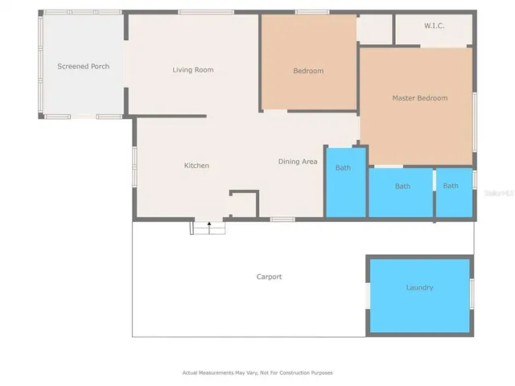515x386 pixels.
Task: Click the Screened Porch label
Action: (x=83, y=66)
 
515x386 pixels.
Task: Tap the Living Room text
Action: (x=193, y=70)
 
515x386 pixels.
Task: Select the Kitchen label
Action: (x=196, y=166)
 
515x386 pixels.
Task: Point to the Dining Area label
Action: (x=298, y=162)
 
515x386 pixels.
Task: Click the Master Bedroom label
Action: (x=419, y=98)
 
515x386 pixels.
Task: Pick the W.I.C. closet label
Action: (x=435, y=27)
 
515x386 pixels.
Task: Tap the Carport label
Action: (x=269, y=277)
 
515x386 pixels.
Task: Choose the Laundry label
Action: (x=419, y=287)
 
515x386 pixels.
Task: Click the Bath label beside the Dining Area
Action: (x=344, y=168)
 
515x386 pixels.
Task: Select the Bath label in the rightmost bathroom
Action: (x=451, y=186)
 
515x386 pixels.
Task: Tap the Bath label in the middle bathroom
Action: (x=402, y=187)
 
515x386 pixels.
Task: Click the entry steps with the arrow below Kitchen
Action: (x=208, y=228)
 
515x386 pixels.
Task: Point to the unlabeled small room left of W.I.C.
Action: (x=375, y=29)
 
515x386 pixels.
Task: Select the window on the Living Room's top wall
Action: (x=200, y=12)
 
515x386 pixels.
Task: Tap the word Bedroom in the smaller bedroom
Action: (x=308, y=71)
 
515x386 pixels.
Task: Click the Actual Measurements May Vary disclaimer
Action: (x=257, y=372)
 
